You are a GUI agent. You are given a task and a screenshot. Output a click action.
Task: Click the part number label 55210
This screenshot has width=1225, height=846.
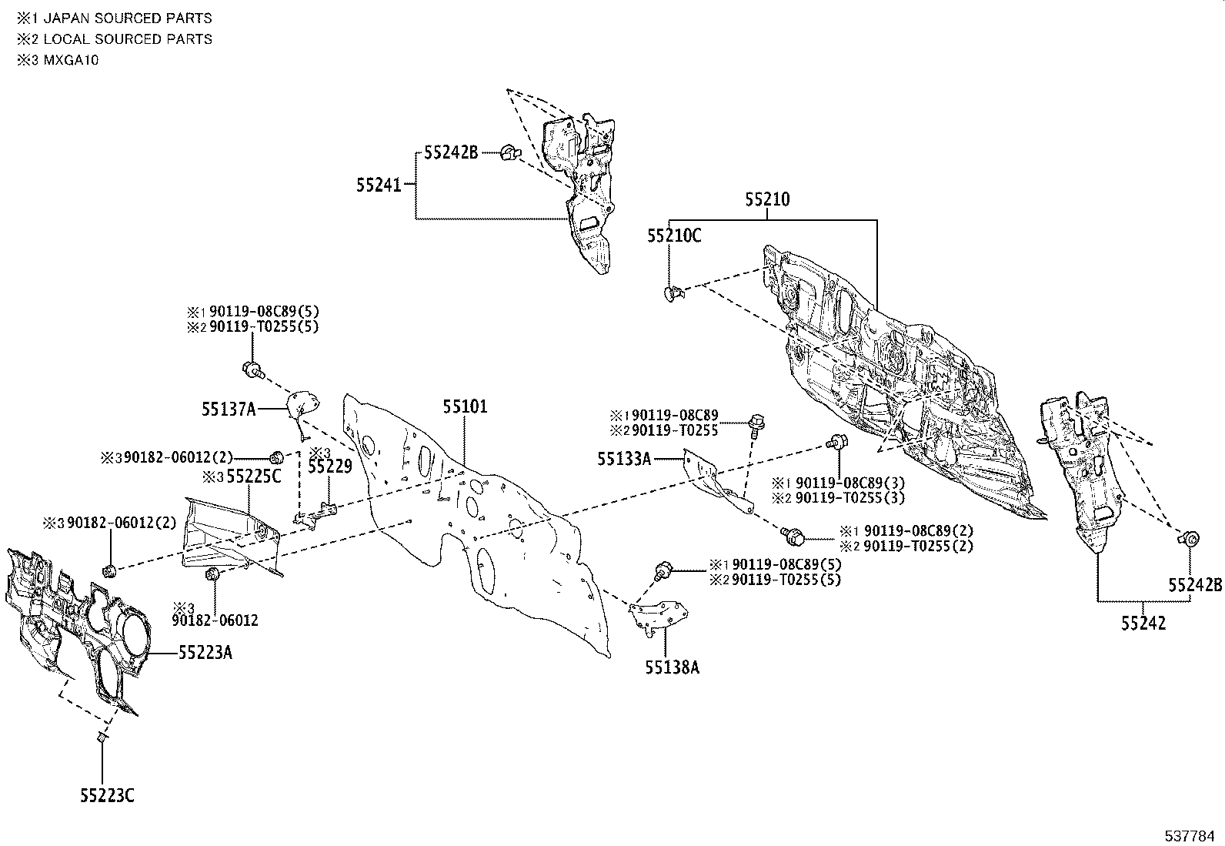(766, 199)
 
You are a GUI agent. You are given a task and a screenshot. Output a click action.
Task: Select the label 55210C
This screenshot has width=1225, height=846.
(673, 236)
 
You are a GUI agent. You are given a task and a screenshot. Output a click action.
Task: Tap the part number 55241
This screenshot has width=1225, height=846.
(379, 185)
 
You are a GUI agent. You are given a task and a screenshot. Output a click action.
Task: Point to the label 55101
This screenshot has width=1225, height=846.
(464, 406)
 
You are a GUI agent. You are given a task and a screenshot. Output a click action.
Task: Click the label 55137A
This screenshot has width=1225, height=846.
(229, 410)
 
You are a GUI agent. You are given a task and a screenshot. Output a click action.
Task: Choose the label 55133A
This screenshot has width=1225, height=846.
(624, 460)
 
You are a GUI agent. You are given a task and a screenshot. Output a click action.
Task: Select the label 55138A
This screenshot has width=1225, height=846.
(672, 667)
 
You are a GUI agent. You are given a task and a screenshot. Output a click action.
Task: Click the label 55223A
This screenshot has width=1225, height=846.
(205, 653)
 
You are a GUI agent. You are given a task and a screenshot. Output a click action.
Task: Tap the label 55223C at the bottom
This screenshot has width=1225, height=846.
(106, 796)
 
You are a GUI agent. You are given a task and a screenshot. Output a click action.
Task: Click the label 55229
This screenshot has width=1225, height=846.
(329, 466)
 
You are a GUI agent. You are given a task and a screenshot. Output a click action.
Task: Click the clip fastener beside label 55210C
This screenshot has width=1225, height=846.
(672, 292)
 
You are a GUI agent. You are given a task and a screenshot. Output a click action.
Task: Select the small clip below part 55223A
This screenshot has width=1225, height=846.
(101, 737)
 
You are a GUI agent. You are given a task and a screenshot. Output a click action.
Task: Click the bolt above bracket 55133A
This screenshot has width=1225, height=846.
(755, 422)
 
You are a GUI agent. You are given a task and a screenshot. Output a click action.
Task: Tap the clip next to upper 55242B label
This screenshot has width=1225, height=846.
(509, 152)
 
